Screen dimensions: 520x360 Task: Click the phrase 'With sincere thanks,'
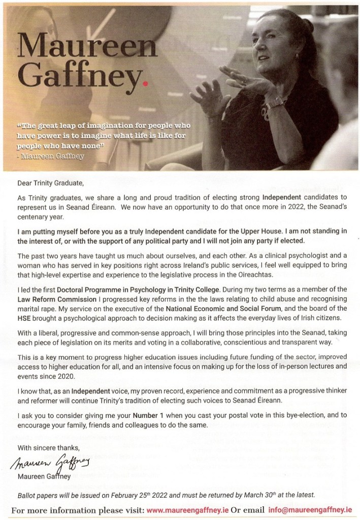pyautogui.click(x=49, y=447)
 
